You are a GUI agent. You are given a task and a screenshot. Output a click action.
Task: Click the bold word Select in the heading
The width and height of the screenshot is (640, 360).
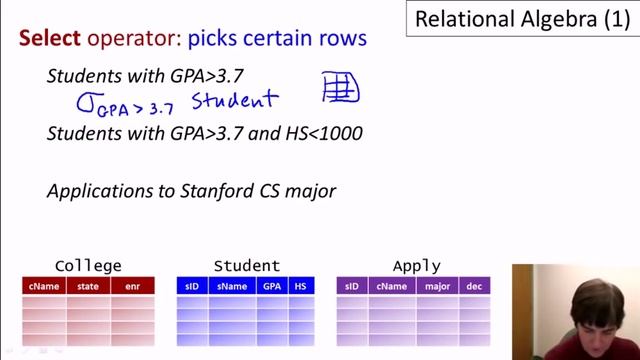click(x=49, y=39)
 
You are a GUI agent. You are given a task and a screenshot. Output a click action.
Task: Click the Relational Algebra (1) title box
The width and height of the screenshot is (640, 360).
click(x=522, y=19)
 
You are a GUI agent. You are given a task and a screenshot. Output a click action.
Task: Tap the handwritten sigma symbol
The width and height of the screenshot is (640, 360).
click(x=86, y=101)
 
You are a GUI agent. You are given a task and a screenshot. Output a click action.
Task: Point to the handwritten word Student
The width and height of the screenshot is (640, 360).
click(x=234, y=100)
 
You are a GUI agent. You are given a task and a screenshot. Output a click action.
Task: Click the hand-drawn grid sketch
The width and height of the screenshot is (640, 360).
click(x=340, y=88)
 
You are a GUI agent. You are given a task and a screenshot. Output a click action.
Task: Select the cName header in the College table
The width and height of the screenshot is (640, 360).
click(x=43, y=286)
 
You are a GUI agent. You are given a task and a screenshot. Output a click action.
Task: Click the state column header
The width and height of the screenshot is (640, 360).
click(x=88, y=286)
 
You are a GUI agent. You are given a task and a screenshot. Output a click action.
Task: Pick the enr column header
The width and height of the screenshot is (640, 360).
click(x=132, y=286)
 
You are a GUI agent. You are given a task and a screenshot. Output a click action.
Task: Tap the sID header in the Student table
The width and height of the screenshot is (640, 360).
click(x=192, y=286)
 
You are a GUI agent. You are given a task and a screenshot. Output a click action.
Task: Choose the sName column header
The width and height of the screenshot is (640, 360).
click(x=231, y=286)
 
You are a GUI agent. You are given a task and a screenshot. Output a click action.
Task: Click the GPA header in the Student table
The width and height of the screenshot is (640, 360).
click(x=272, y=286)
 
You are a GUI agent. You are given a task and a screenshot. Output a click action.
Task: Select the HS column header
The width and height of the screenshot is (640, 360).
click(x=301, y=286)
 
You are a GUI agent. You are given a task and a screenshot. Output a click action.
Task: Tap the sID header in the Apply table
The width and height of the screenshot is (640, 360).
click(x=352, y=286)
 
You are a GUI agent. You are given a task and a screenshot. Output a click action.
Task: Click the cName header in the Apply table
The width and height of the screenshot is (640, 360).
click(x=392, y=286)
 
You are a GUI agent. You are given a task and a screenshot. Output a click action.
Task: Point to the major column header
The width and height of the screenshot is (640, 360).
click(x=436, y=286)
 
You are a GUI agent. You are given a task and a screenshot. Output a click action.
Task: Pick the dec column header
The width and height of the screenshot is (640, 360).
click(x=474, y=286)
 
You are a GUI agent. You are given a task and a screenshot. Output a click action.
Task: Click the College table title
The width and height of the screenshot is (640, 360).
click(x=88, y=266)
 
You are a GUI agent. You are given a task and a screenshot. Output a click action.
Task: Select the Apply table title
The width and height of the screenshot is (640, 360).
click(x=416, y=266)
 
